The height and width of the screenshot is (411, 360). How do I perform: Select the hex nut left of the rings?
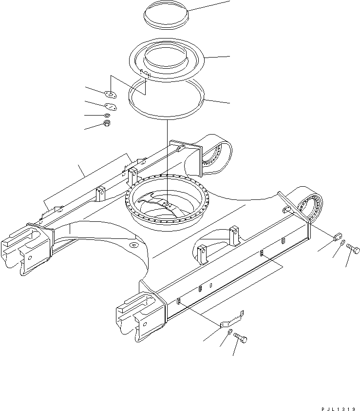click(x=107, y=124)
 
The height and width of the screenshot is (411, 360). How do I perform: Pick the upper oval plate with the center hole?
click(x=110, y=95)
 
